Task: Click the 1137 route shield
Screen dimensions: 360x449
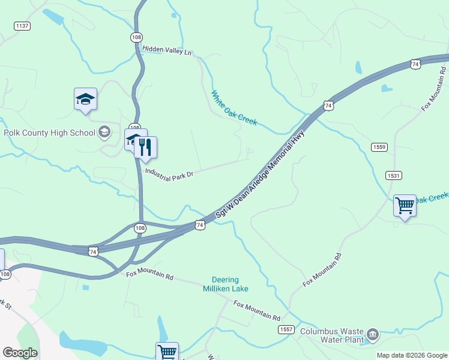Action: tap(22, 26)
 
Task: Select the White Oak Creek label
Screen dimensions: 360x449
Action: tap(234, 107)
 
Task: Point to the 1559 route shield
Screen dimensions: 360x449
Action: tap(379, 147)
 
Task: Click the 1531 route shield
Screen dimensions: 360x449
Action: tap(394, 175)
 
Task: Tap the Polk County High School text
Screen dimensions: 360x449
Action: tap(49, 133)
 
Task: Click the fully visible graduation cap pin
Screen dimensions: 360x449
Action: tap(85, 99)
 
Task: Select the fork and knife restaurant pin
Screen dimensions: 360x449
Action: tap(145, 147)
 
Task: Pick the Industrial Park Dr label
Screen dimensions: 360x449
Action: tap(170, 173)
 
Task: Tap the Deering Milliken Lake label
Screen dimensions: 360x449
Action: tap(225, 284)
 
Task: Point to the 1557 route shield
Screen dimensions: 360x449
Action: tap(286, 330)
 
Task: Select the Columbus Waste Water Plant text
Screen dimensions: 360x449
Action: tap(332, 335)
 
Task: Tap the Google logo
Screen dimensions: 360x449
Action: tap(20, 353)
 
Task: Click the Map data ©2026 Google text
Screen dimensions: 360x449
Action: tap(412, 355)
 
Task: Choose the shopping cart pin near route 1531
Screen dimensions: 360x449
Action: tap(405, 206)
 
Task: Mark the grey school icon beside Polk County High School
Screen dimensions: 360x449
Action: tap(104, 132)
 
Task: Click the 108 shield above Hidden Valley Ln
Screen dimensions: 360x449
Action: tap(136, 37)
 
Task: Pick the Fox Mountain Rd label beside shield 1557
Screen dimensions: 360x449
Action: tap(257, 311)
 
